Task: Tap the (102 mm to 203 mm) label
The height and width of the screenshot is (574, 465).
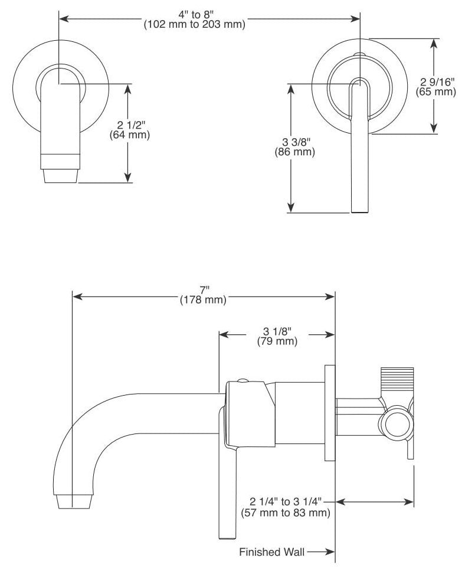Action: [194, 25]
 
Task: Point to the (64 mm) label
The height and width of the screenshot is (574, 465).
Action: [129, 135]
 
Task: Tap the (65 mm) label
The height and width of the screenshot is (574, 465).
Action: [435, 91]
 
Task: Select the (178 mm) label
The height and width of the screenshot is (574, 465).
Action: [203, 299]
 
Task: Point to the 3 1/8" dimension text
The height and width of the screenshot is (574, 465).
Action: [277, 331]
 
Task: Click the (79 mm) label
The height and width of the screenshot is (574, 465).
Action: [277, 341]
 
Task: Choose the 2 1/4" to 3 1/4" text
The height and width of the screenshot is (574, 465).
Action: [286, 501]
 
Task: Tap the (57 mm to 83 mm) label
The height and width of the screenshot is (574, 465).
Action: [286, 513]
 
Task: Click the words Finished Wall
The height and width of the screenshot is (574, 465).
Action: [272, 552]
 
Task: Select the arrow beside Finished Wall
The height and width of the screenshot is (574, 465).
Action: [321, 552]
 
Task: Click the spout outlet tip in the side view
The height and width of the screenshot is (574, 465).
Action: [74, 501]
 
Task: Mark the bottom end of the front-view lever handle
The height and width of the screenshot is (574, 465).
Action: [359, 211]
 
